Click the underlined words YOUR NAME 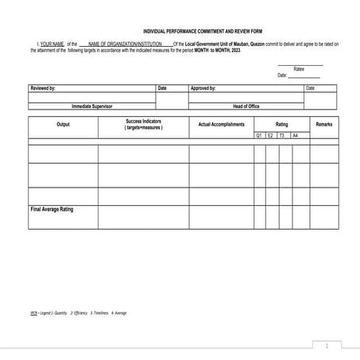[x=52, y=44]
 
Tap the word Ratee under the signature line [x=299, y=69]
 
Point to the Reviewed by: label [x=43, y=88]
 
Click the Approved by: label [x=203, y=88]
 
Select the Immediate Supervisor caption [x=92, y=105]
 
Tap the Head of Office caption [x=246, y=105]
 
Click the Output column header [x=63, y=125]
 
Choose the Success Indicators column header [x=143, y=125]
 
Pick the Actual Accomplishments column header [x=221, y=125]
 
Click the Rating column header [x=282, y=125]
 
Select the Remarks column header [x=324, y=125]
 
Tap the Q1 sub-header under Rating [x=259, y=136]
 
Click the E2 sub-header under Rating [x=271, y=136]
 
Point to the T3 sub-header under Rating [x=283, y=136]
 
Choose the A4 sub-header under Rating [x=295, y=136]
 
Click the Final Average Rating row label [x=52, y=209]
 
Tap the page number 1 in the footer [x=327, y=346]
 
